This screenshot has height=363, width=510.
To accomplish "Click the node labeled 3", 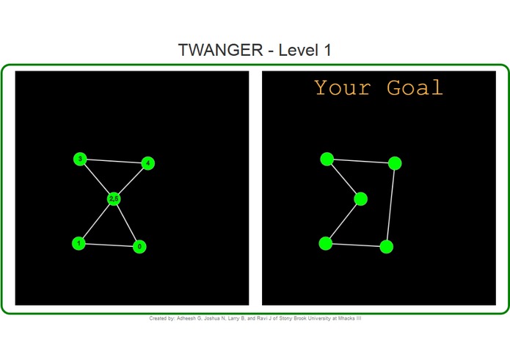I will [x=80, y=159].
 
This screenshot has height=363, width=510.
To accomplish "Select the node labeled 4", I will [x=147, y=162].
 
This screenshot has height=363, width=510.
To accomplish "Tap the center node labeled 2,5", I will [x=114, y=198].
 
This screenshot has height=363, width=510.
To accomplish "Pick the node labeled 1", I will [x=79, y=243].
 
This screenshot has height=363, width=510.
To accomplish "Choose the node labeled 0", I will [x=139, y=247].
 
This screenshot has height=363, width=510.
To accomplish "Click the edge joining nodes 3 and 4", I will [x=114, y=161].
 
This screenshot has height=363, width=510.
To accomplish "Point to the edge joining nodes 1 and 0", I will [x=109, y=245].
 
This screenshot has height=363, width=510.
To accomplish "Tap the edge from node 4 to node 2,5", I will [x=131, y=180].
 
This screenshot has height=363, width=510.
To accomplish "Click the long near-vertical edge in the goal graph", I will [x=390, y=205].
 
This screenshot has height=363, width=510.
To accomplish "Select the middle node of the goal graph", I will [x=360, y=198].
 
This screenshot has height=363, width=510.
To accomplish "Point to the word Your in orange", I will [x=343, y=88].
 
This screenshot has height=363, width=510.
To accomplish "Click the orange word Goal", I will [x=415, y=88].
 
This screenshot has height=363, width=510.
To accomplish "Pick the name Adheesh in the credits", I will [x=186, y=319].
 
